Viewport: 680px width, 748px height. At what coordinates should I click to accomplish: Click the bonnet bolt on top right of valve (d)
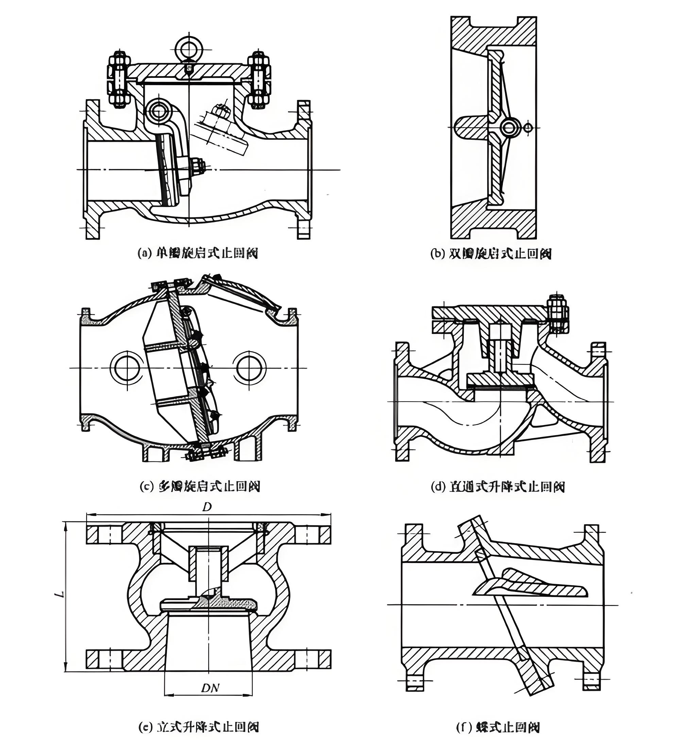click(x=558, y=314)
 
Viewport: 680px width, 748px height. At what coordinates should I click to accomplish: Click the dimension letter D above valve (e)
click(x=207, y=508)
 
